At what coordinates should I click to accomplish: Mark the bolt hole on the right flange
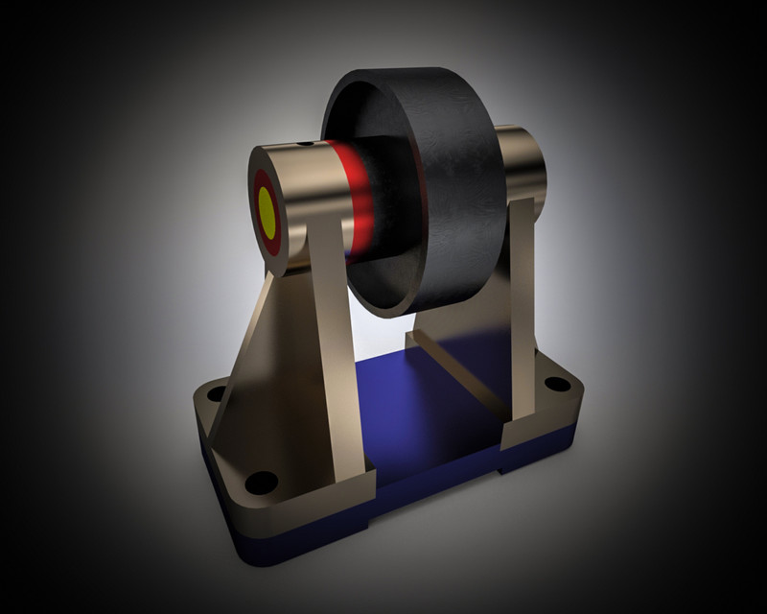554,385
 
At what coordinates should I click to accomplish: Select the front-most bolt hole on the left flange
259,480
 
